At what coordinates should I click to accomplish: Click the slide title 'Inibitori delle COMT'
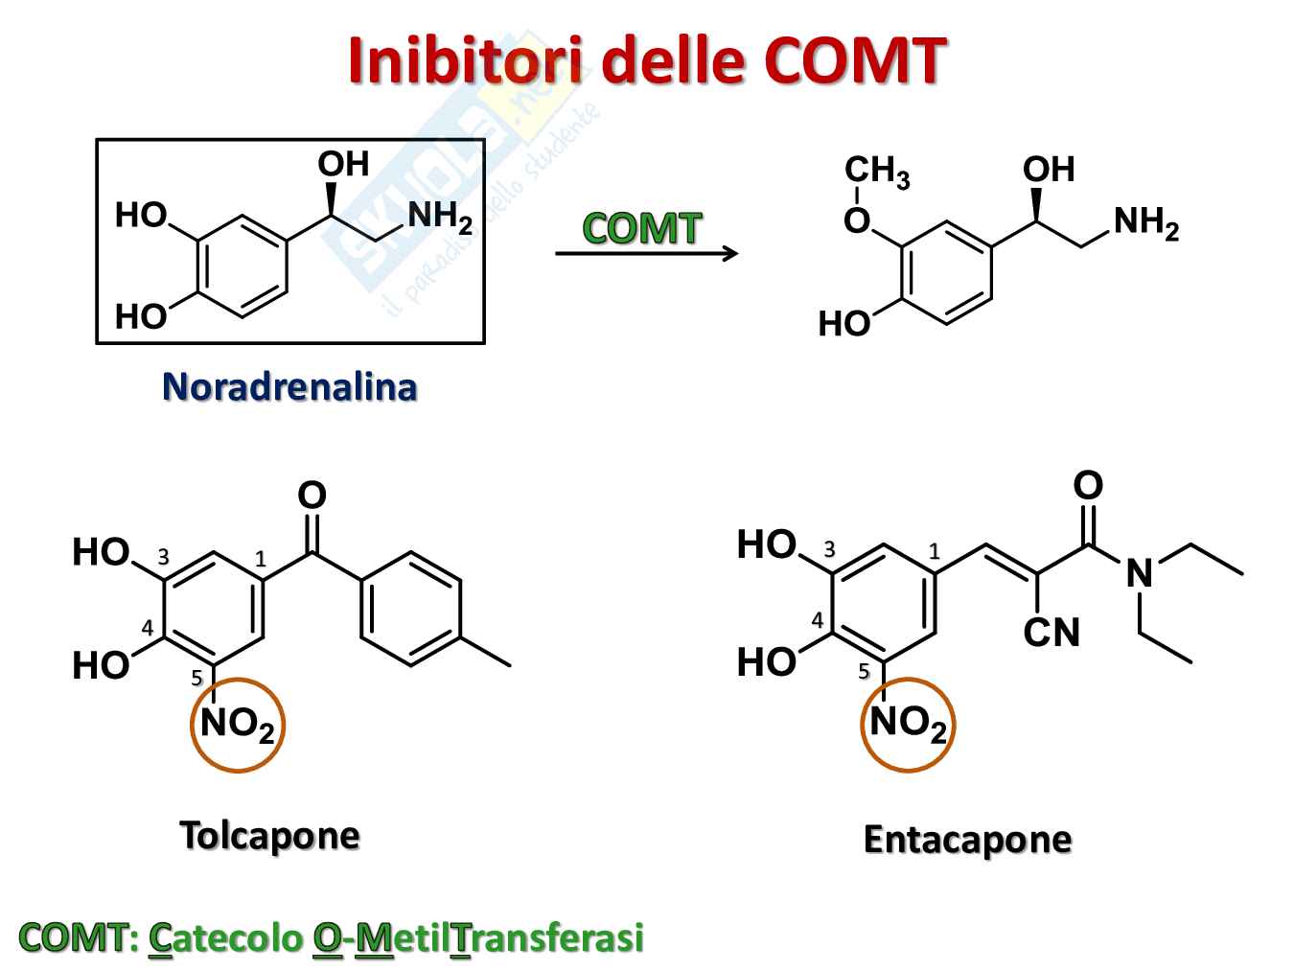tap(647, 61)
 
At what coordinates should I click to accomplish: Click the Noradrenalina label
tap(289, 387)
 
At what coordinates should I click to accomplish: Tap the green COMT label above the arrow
tap(642, 228)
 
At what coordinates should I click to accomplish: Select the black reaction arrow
tap(647, 253)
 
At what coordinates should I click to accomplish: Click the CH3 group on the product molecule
tap(876, 172)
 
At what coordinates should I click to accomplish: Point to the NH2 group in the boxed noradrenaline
tap(440, 219)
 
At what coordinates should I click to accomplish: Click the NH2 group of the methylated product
tap(1145, 223)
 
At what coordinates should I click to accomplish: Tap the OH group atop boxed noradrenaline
tap(343, 165)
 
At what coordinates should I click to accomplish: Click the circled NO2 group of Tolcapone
tap(238, 725)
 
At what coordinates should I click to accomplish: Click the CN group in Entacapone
tap(1051, 633)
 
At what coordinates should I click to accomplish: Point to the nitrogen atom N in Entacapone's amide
tap(1139, 574)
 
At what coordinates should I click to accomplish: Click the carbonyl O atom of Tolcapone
tap(312, 496)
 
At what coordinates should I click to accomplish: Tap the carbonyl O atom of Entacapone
tap(1087, 485)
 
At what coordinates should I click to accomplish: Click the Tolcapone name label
tap(269, 836)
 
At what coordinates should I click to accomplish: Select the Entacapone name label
tap(967, 840)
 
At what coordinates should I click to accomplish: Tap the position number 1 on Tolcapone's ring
tap(260, 560)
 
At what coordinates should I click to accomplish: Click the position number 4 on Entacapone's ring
tap(817, 620)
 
